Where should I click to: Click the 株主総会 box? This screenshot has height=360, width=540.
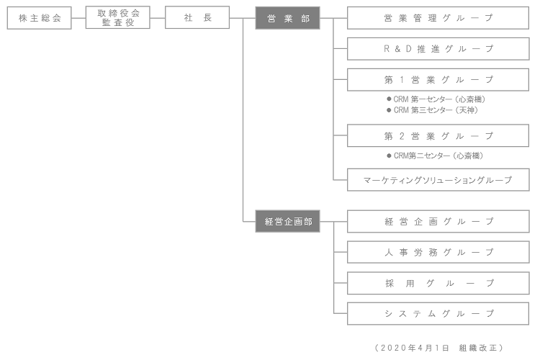pos(39,18)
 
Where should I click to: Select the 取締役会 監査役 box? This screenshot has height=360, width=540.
pos(118,18)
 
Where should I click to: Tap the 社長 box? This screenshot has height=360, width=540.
pos(197,18)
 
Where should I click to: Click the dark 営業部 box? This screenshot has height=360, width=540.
pos(287,18)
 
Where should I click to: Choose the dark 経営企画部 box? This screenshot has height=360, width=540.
pos(287,222)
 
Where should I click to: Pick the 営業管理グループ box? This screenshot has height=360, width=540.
pos(438,18)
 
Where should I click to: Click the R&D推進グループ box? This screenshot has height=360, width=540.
pos(438,49)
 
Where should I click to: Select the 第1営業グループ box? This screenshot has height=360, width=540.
pos(438,79)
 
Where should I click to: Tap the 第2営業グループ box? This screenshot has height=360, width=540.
pos(438,135)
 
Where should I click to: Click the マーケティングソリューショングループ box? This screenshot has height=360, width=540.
pos(438,180)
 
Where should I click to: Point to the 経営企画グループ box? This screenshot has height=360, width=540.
pos(438,222)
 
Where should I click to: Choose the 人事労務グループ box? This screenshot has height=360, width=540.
pos(438,252)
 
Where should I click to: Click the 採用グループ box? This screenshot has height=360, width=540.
pos(438,283)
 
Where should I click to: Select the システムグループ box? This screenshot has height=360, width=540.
pos(438,314)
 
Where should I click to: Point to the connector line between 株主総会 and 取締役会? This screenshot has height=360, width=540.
pos(78,18)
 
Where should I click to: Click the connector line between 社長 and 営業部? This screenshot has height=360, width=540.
pos(243,18)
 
